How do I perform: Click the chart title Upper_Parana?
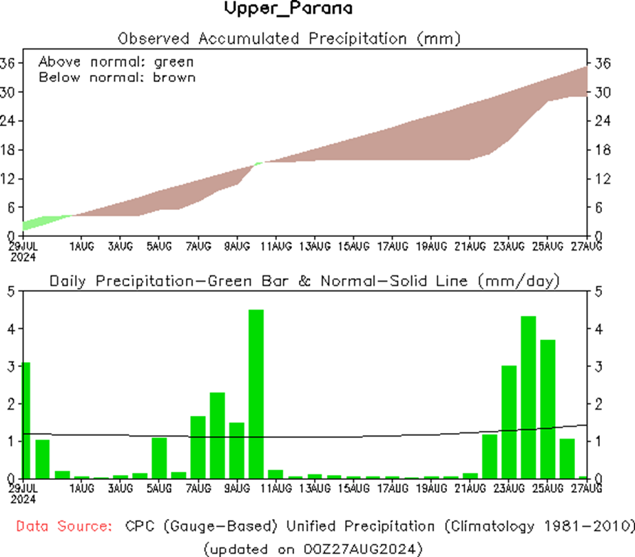pos(289,9)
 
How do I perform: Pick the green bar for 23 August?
pos(509,421)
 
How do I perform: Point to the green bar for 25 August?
pos(548,409)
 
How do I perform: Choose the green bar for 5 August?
pos(159,458)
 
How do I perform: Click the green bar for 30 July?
pos(43,459)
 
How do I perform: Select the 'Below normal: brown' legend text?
pos(116,77)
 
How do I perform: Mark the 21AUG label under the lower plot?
pos(470,488)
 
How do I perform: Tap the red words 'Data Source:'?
pos(64,527)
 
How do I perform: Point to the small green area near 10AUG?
pos(258,163)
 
